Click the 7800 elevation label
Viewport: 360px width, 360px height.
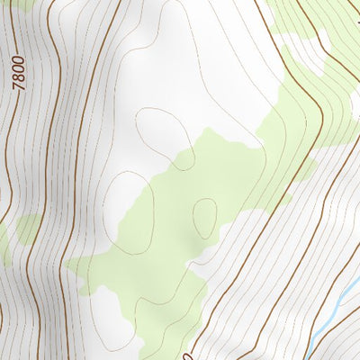[19, 71]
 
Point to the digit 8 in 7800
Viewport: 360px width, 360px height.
[20, 76]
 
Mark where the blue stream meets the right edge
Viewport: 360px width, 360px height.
[358, 279]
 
